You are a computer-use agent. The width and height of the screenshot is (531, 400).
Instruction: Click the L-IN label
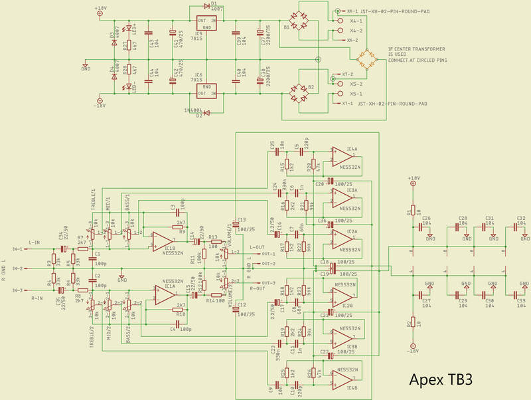click(x=37, y=243)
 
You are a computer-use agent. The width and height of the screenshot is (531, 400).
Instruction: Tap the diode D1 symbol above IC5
click(x=202, y=7)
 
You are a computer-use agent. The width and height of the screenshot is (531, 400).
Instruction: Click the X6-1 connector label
click(x=352, y=11)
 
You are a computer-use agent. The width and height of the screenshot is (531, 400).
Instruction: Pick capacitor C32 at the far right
click(x=521, y=227)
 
